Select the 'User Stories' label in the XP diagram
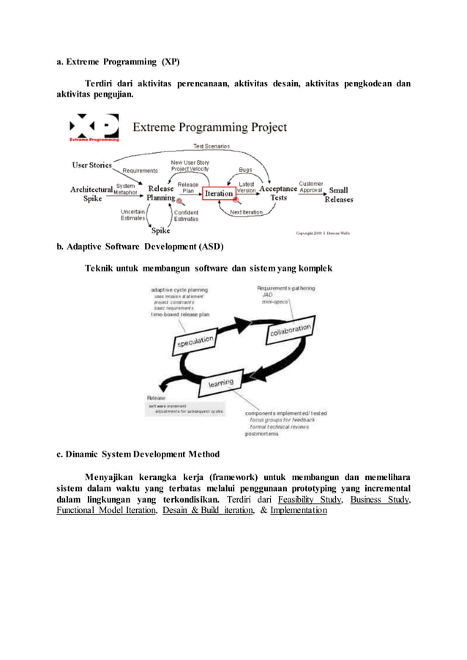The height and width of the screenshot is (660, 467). pyautogui.click(x=91, y=165)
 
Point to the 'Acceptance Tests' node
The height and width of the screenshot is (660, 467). pyautogui.click(x=279, y=192)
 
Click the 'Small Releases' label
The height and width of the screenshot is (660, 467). pyautogui.click(x=339, y=195)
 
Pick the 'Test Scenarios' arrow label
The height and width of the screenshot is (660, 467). pyautogui.click(x=211, y=146)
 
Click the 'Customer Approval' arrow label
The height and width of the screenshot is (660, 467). pyautogui.click(x=311, y=187)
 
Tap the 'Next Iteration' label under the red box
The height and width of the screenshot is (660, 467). pyautogui.click(x=247, y=213)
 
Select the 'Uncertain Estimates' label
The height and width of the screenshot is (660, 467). pyautogui.click(x=132, y=215)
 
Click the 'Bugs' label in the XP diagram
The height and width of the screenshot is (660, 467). pyautogui.click(x=246, y=170)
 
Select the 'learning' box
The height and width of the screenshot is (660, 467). pyautogui.click(x=222, y=382)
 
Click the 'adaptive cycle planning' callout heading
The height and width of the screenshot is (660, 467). pyautogui.click(x=179, y=289)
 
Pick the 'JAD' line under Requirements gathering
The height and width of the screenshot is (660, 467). pyautogui.click(x=267, y=295)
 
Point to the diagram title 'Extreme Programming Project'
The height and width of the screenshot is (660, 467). pyautogui.click(x=209, y=127)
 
